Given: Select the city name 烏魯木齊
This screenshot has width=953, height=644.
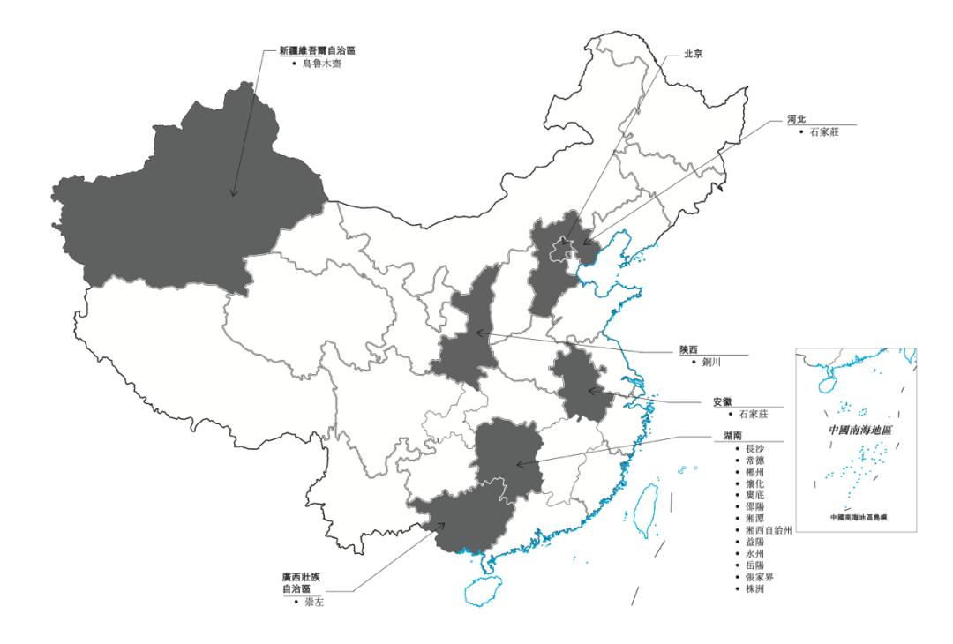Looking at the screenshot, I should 319,64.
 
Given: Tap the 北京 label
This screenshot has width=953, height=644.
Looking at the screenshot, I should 694,53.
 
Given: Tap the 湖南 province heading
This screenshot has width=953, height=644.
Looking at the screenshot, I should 721,436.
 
